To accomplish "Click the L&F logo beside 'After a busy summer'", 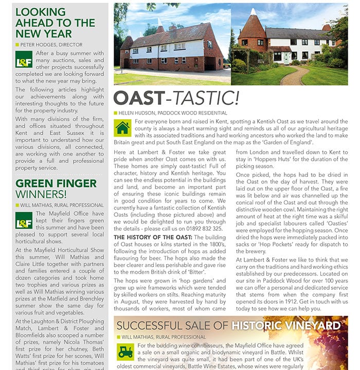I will click(24, 60).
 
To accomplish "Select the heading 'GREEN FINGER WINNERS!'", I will click(48, 189).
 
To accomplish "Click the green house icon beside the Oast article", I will click(122, 127).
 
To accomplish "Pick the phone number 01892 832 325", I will click(204, 228).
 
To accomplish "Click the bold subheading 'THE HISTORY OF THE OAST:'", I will click(152, 237).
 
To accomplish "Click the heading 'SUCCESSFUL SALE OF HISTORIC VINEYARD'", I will click(229, 325).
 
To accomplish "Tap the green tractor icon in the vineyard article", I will click(125, 351).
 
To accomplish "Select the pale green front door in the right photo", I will click(286, 57).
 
